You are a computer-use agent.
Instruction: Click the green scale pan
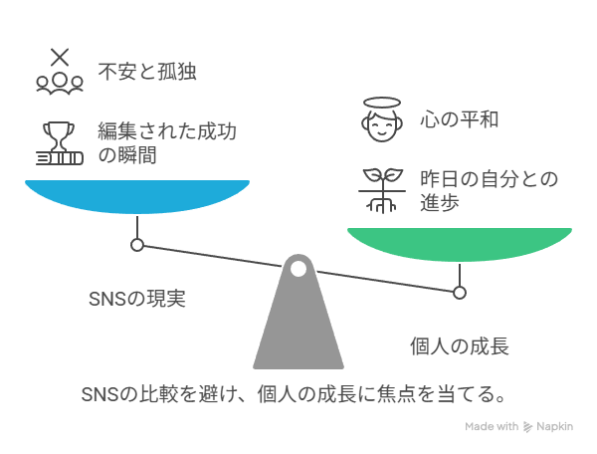(460, 244)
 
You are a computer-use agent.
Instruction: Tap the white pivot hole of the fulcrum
(298, 269)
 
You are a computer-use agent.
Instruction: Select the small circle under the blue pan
(137, 245)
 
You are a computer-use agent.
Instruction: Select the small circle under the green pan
(460, 293)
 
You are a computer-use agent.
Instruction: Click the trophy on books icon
(60, 143)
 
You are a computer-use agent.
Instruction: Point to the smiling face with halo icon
(382, 119)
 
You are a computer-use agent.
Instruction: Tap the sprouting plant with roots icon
(382, 190)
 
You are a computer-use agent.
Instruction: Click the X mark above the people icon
(60, 57)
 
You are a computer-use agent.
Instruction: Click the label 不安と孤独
(147, 72)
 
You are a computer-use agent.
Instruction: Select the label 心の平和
(459, 119)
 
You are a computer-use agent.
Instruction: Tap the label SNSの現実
(137, 299)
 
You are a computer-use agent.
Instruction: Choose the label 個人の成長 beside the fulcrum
(460, 346)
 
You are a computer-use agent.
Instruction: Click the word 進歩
(440, 202)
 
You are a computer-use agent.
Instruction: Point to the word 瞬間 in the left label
(137, 155)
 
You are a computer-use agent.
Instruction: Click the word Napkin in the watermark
(555, 426)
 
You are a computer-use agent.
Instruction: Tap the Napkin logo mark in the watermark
(527, 427)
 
